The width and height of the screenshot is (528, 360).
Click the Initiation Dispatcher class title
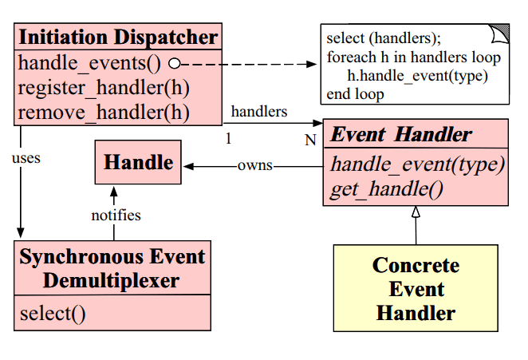pyautogui.click(x=117, y=37)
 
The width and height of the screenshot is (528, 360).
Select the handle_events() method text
pyautogui.click(x=89, y=63)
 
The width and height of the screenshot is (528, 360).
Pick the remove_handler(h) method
pyautogui.click(x=103, y=112)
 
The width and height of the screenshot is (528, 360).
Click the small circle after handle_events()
pyautogui.click(x=174, y=63)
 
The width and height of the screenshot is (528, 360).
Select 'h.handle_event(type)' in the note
pyautogui.click(x=416, y=76)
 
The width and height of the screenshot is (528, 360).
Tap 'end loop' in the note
pyautogui.click(x=355, y=94)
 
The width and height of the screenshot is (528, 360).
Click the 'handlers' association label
pyautogui.click(x=259, y=111)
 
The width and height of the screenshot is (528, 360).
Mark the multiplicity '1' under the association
pyautogui.click(x=228, y=139)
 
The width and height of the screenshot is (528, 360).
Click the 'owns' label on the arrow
pyautogui.click(x=254, y=166)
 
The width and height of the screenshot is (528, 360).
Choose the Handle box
pyautogui.click(x=139, y=163)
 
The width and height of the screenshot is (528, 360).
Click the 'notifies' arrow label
pyautogui.click(x=116, y=215)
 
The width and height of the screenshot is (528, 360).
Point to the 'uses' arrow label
pyautogui.click(x=26, y=158)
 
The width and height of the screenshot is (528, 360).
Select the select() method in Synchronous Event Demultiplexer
pyautogui.click(x=52, y=313)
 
